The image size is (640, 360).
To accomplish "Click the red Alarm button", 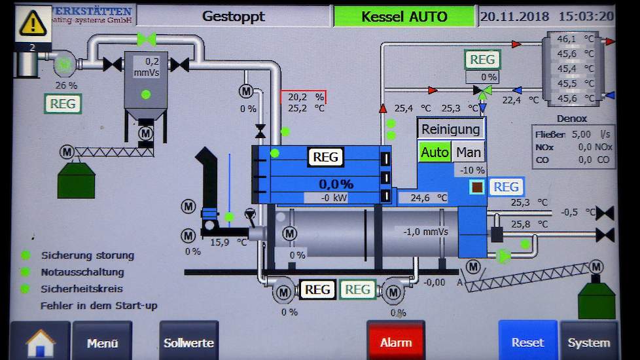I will (x=396, y=342).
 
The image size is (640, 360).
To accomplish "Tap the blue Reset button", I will (x=527, y=342).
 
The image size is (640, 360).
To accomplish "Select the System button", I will (x=588, y=342).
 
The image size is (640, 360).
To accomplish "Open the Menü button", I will (x=103, y=342).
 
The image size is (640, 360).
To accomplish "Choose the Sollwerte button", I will (x=188, y=342).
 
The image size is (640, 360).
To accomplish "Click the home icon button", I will (x=40, y=342).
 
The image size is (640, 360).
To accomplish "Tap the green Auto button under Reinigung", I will (x=435, y=153).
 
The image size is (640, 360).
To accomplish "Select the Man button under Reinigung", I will (x=469, y=153).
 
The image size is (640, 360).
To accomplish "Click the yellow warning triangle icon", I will (x=32, y=23).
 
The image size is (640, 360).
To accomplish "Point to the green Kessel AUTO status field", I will (x=404, y=16).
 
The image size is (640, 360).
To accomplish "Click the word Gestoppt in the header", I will (x=234, y=16).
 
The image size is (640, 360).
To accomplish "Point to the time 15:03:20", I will (x=586, y=16).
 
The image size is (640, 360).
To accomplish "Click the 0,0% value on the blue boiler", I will (x=336, y=184).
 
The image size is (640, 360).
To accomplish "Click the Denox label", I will (x=571, y=119).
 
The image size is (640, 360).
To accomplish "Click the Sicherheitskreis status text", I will (x=82, y=288).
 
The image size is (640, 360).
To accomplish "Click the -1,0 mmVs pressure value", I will (x=425, y=231).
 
